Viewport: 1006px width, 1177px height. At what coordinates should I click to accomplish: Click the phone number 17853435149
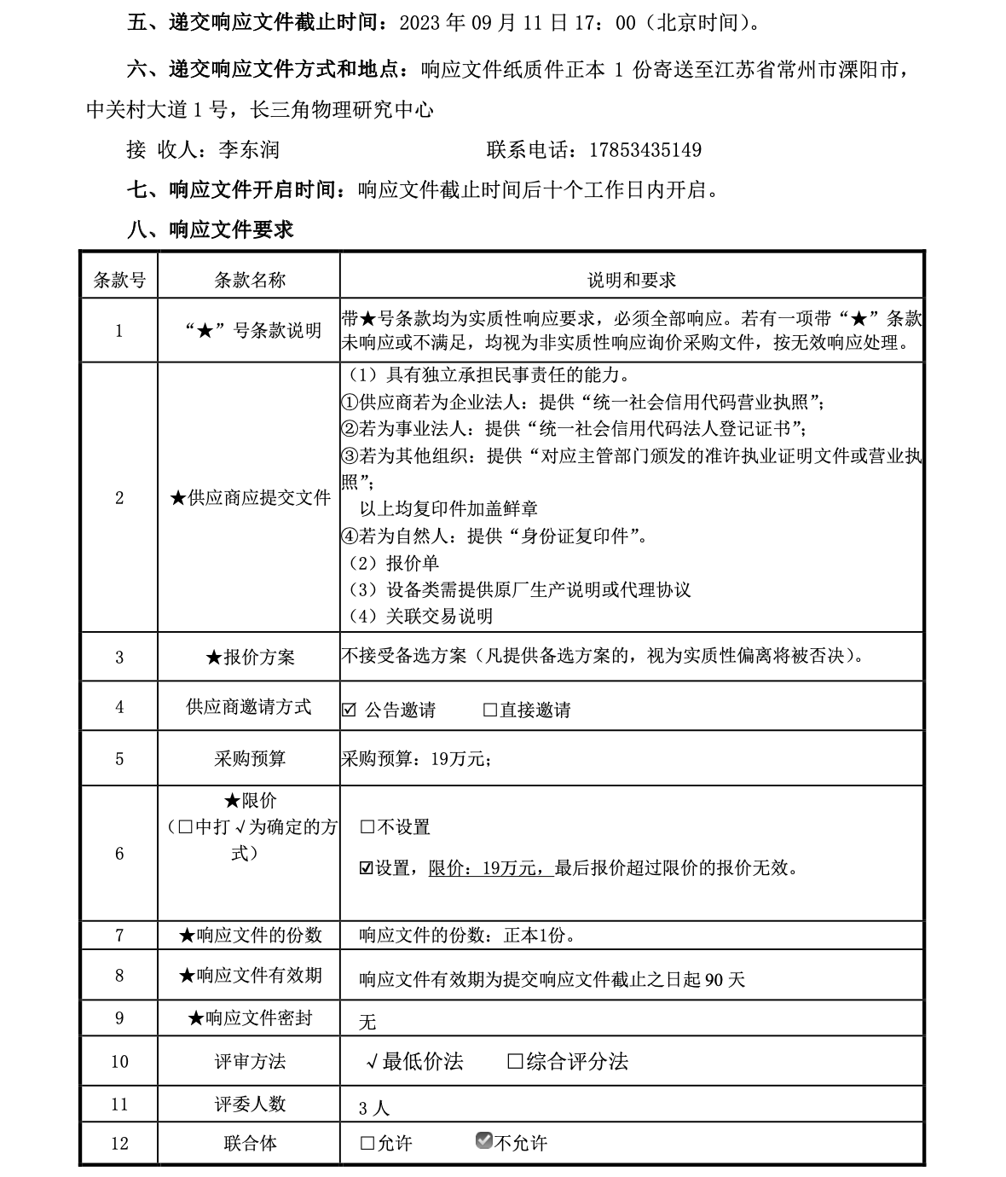(x=645, y=150)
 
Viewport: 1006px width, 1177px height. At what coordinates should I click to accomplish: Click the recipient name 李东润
(x=249, y=150)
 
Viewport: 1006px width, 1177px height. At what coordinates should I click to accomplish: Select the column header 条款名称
(x=249, y=280)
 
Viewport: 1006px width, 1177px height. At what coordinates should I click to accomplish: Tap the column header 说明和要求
(x=631, y=280)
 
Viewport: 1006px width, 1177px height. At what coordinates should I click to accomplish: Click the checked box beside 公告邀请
(x=349, y=710)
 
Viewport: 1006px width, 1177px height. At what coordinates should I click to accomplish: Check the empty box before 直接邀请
(x=490, y=710)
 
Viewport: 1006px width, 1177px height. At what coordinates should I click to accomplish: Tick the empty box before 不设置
(x=367, y=826)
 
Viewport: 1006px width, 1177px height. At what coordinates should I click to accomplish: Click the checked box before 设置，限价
(x=367, y=868)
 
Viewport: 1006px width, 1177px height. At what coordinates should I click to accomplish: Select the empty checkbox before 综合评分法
(x=515, y=1061)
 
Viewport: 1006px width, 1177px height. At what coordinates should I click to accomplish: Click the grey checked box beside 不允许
(x=484, y=1140)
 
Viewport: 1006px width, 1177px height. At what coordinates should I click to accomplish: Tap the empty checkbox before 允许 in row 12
(x=367, y=1143)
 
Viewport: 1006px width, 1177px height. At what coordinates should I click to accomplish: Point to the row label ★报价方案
(x=249, y=657)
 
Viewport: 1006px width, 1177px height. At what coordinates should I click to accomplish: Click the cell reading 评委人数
(x=249, y=1104)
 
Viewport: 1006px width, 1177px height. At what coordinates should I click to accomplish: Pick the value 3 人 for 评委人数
(x=374, y=1108)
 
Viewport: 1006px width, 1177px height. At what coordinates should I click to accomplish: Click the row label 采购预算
(x=249, y=758)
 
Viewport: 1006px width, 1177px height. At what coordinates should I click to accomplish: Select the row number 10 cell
(x=119, y=1062)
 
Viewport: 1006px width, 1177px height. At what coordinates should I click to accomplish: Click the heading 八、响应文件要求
(x=210, y=229)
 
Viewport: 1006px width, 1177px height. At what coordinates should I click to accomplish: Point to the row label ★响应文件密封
(x=249, y=1018)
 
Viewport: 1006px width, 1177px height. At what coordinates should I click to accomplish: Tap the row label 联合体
(x=249, y=1143)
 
